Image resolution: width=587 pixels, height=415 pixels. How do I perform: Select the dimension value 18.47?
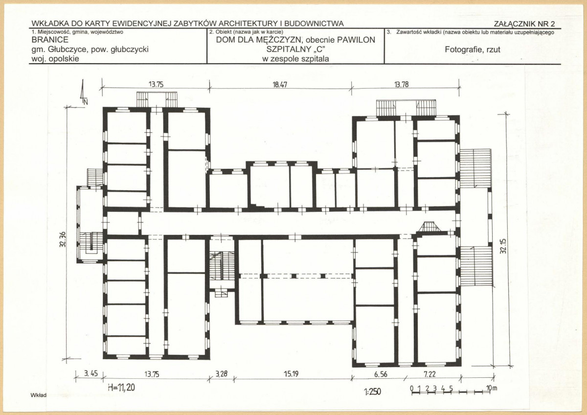coord(280,85)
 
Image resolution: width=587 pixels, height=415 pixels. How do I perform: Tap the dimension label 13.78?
coord(401,85)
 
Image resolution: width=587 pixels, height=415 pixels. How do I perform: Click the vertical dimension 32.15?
coord(503,246)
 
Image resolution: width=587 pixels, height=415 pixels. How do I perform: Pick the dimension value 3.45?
coord(90,373)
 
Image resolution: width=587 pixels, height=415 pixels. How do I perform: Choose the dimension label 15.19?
coord(291,374)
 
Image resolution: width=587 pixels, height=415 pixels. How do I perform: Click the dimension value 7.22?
coord(429,374)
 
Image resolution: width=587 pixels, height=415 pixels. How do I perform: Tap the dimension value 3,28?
coord(222,373)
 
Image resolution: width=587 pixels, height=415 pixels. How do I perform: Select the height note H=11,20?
coord(121,387)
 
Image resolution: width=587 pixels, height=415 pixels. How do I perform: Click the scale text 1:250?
coord(372,392)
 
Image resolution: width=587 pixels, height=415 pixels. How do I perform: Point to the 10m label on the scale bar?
coord(492,388)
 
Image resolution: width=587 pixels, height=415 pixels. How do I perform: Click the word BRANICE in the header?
coord(50,40)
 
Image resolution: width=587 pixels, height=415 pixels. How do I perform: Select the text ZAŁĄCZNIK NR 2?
coord(524,24)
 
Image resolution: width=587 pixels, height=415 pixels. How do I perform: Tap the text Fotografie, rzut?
coord(473,49)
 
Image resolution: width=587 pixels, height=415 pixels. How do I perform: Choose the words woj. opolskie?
coord(55,59)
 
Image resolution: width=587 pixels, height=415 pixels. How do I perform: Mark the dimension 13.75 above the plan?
coord(156,84)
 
